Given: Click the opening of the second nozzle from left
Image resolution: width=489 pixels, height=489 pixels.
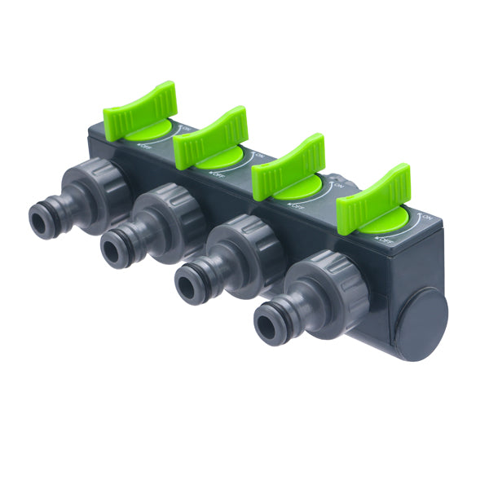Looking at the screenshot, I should (112, 249).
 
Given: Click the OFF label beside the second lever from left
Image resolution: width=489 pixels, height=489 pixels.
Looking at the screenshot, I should (216, 173).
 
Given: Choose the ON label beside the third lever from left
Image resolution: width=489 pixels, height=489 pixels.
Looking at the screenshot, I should (337, 186).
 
